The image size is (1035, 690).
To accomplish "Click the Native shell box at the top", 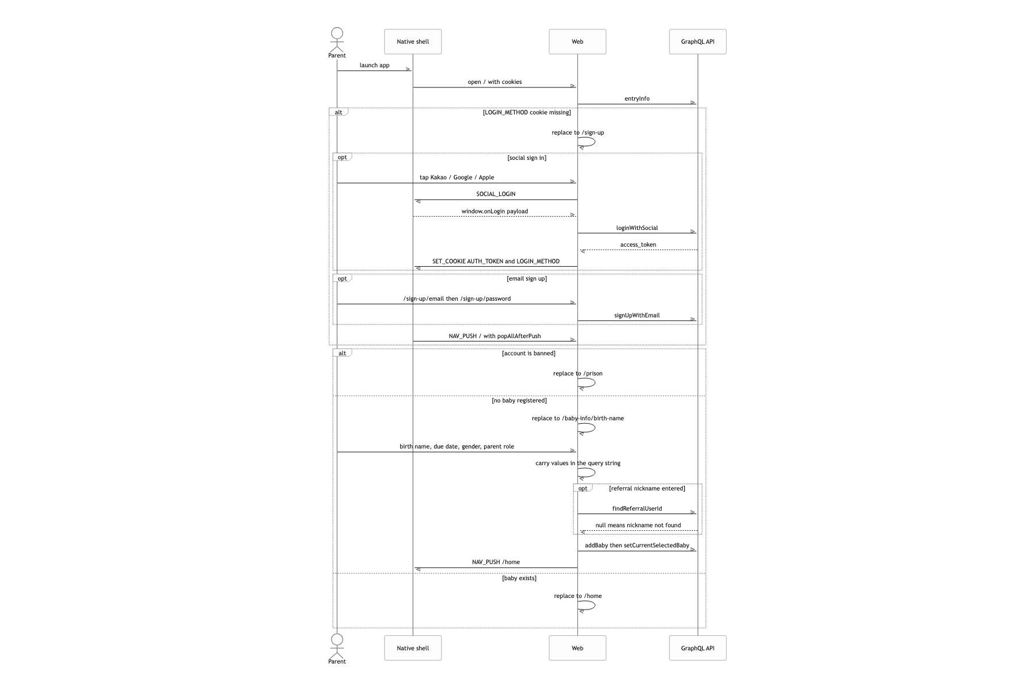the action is (413, 41).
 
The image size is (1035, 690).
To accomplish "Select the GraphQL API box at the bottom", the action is (697, 648).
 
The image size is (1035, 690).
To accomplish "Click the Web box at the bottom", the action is (577, 648).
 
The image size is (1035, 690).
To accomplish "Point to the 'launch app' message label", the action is (374, 66).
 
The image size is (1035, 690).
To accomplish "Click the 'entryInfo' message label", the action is (637, 99).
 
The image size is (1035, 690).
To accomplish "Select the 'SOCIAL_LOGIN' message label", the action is (496, 194).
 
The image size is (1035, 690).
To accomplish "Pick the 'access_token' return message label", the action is (638, 245).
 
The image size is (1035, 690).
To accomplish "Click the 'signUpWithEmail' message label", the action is (637, 316).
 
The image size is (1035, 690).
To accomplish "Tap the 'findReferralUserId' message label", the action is (637, 509).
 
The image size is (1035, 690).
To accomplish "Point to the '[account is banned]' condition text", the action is (528, 354).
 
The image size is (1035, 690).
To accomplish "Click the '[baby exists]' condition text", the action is (519, 578).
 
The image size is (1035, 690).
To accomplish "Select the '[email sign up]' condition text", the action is (527, 279).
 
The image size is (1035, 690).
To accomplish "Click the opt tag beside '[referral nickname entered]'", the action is (583, 489).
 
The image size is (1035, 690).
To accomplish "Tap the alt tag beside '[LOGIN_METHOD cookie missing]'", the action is (339, 112).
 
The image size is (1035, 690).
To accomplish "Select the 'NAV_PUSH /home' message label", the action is (496, 562).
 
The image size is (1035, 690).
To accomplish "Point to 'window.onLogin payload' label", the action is (494, 212).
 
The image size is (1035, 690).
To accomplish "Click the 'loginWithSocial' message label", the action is (637, 228).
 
